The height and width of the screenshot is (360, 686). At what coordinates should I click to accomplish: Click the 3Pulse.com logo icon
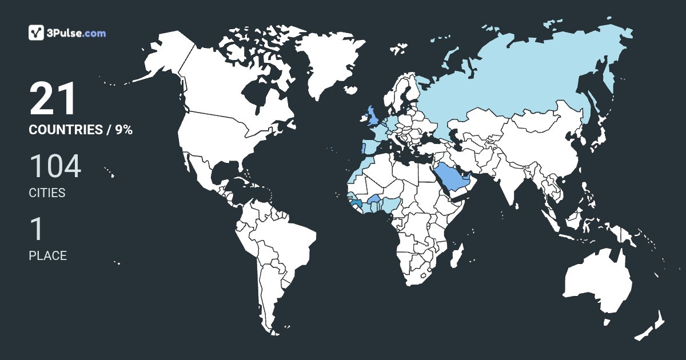click(36, 33)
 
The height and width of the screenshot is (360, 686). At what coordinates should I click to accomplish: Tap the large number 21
click(53, 99)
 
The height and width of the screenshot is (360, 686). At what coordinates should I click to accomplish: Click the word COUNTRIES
click(65, 130)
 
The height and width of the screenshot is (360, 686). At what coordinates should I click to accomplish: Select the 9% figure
click(123, 130)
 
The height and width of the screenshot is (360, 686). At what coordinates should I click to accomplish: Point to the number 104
click(55, 167)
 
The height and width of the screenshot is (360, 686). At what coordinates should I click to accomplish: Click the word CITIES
click(47, 193)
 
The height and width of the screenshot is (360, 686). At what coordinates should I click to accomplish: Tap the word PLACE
click(47, 256)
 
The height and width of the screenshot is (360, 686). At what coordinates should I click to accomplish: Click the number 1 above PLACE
click(37, 229)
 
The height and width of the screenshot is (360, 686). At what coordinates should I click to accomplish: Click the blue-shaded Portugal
click(361, 149)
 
